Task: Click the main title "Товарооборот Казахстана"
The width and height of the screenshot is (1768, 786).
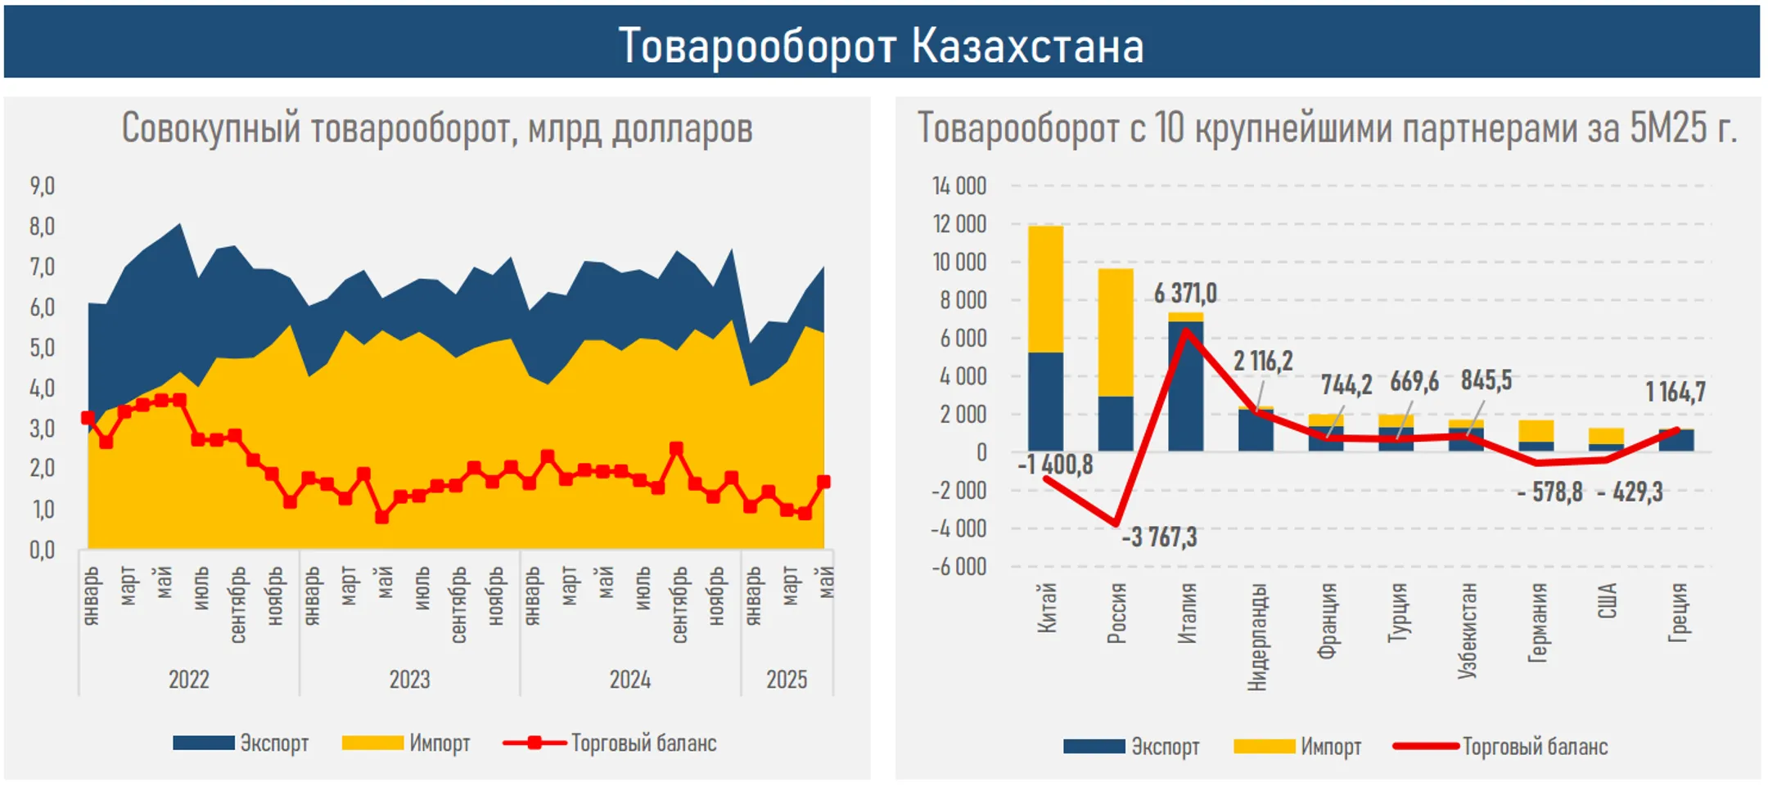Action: (x=881, y=45)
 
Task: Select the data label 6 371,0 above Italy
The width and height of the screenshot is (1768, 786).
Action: (x=1185, y=293)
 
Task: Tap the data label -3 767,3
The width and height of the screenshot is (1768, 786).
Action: (x=1159, y=537)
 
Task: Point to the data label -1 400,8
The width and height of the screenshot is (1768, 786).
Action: (x=1055, y=465)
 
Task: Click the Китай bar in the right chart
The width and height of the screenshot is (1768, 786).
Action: (x=1045, y=339)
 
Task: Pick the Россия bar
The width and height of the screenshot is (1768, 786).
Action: (x=1116, y=360)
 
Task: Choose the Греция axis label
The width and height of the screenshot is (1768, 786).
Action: (x=1678, y=613)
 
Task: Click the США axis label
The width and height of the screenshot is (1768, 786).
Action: (x=1608, y=601)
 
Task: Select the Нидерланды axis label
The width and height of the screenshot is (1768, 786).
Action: (x=1257, y=637)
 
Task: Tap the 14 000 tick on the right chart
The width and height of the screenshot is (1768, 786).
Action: (x=959, y=186)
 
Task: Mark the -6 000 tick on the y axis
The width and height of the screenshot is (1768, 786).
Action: (x=958, y=566)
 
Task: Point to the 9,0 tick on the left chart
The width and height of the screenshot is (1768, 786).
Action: (x=43, y=186)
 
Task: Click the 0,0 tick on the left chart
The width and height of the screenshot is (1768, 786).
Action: (x=43, y=550)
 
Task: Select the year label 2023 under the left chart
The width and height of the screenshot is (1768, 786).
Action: (x=409, y=680)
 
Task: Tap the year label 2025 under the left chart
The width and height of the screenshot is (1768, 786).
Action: (x=786, y=680)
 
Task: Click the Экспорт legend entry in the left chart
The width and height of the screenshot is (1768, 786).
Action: (x=241, y=743)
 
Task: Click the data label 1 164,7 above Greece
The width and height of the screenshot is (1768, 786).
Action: (x=1676, y=393)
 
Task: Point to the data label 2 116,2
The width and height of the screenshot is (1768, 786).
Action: (x=1263, y=361)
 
